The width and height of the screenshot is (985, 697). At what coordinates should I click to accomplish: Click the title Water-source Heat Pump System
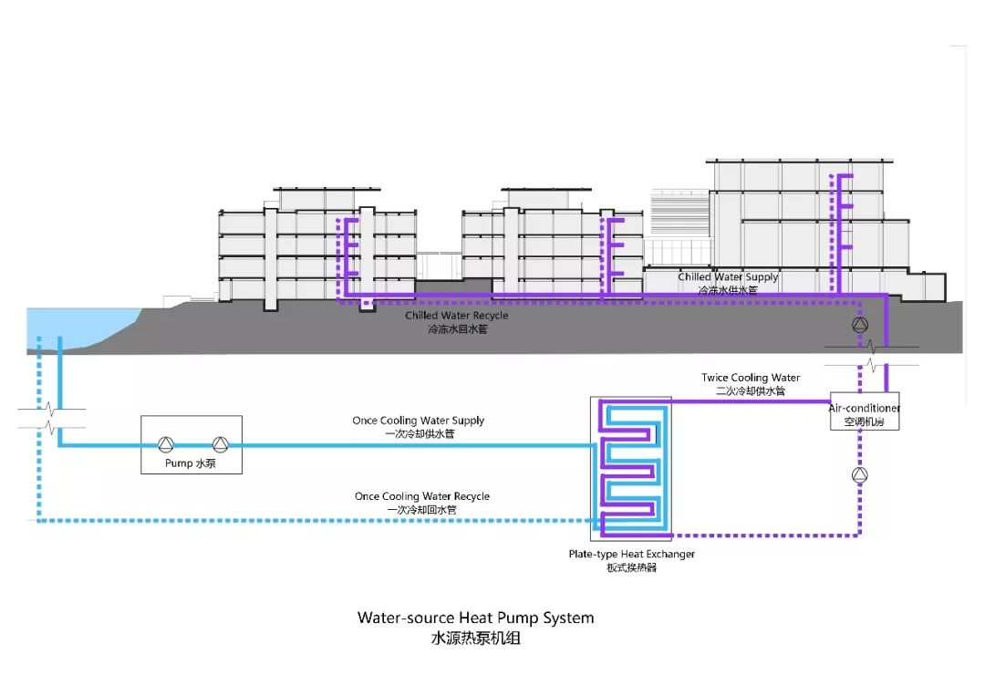point(475,618)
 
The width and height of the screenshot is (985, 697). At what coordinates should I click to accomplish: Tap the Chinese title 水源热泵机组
point(475,639)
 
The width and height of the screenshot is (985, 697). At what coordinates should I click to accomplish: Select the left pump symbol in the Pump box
point(165,444)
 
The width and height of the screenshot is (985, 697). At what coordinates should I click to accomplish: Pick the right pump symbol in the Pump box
point(220,444)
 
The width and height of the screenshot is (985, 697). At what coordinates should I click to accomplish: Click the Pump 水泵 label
point(191,463)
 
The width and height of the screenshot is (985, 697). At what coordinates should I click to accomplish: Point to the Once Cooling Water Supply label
point(419,421)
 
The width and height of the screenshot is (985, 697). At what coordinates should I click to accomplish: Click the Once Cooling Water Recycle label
point(422,496)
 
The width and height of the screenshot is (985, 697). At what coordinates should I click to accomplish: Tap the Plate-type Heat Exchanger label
point(631,554)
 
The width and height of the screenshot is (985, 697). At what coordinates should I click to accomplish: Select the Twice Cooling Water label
point(751,378)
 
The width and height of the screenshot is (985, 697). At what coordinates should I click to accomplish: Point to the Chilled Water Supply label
point(728,276)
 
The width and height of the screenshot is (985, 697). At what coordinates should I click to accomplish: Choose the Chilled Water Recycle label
point(457,316)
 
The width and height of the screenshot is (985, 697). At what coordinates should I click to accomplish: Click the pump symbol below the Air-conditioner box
point(859,474)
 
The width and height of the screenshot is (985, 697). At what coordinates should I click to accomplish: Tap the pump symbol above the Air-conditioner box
point(859,326)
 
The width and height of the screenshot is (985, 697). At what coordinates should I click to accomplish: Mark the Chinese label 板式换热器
point(631,567)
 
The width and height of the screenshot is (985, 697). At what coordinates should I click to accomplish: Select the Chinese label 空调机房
point(864,422)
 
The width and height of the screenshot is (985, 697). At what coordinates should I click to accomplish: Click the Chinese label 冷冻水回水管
point(457,329)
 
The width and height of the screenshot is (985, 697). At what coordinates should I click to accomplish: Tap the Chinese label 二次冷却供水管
point(751,391)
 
